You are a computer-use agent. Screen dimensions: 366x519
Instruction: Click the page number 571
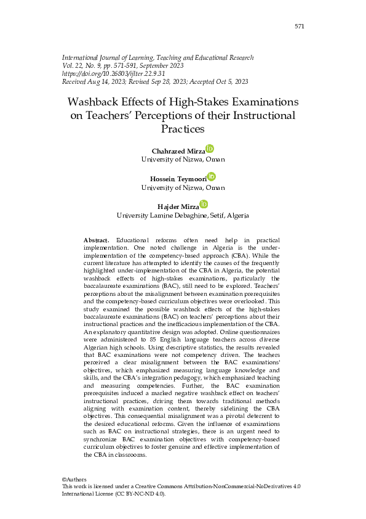(300, 27)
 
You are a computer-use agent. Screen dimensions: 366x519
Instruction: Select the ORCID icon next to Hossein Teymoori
(211, 176)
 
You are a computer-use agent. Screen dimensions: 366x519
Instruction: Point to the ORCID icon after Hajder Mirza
(204, 204)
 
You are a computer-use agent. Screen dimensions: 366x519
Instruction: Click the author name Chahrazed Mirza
(178, 151)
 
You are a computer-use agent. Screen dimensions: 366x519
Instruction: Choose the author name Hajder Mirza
(178, 206)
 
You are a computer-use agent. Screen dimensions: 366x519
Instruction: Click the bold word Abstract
(95, 239)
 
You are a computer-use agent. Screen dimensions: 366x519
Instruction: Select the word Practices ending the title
(182, 129)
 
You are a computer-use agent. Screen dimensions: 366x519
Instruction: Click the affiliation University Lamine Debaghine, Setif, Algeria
(183, 216)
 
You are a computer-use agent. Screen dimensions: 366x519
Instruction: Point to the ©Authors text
(74, 480)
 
